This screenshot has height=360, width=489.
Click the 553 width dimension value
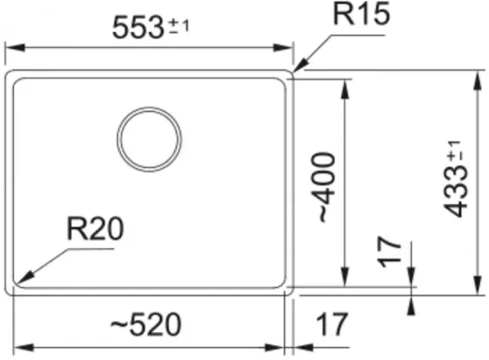(138, 27)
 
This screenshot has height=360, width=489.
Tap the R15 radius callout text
(362, 14)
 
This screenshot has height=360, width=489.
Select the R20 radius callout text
(95, 228)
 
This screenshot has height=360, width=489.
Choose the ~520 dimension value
(146, 324)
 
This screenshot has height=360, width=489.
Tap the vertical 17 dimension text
(389, 252)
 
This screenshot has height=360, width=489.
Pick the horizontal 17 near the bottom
(331, 324)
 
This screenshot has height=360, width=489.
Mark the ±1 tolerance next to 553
(179, 26)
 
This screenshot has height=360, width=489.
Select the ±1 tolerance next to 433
(454, 152)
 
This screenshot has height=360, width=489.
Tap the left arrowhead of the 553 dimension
(15, 48)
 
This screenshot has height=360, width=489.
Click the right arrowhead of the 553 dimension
(283, 48)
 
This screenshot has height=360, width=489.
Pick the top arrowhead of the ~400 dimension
(345, 89)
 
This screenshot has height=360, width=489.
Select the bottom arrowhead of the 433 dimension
(477, 285)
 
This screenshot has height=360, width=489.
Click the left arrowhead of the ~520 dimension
(24, 347)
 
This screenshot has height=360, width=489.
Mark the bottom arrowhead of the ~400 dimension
(345, 277)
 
